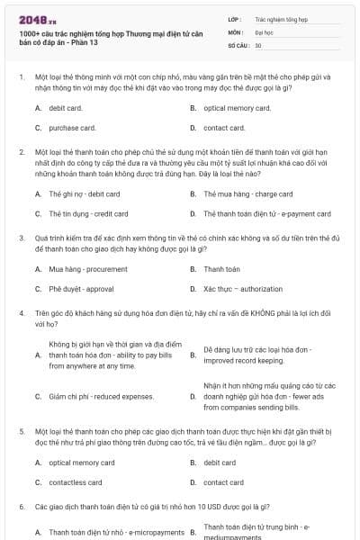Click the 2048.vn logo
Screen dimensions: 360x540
(x=35, y=19)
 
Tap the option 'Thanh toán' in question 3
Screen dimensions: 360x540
(x=221, y=269)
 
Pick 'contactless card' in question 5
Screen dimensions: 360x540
(x=75, y=482)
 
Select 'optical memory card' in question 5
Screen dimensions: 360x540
(x=82, y=463)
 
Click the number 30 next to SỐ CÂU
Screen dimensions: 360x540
(x=258, y=45)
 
